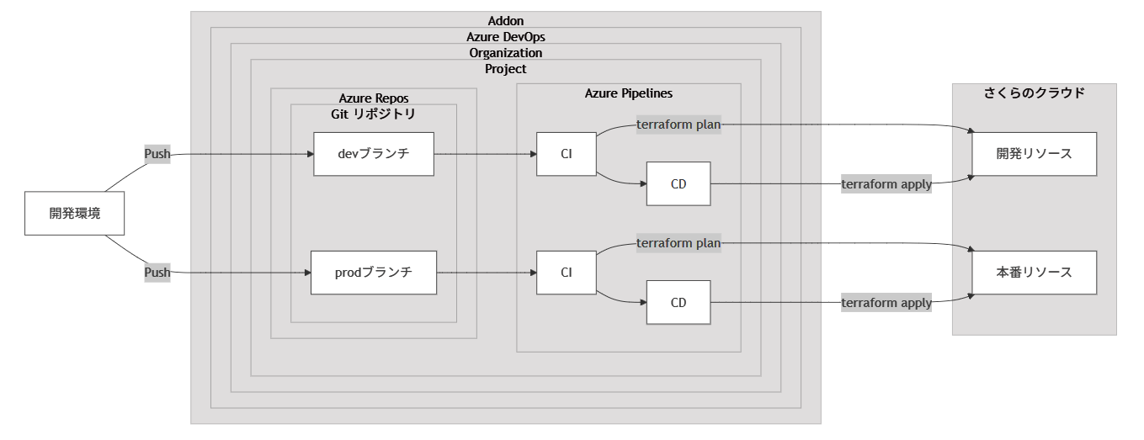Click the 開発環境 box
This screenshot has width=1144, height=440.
tap(75, 214)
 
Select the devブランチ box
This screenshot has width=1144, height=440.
tap(374, 154)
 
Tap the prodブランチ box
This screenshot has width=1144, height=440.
tap(374, 273)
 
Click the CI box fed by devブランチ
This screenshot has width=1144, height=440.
tap(567, 154)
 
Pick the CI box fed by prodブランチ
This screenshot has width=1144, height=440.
tap(567, 273)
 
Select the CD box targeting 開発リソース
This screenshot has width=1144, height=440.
tap(678, 183)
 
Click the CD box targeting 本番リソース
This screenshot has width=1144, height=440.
tap(678, 302)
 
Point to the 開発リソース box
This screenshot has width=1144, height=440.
tap(1035, 154)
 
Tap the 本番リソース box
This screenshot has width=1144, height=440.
tap(1035, 273)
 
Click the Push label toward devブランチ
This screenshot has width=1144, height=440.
tap(157, 154)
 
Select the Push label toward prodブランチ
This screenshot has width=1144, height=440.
tap(157, 273)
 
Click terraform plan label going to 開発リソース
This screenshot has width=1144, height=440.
tap(678, 125)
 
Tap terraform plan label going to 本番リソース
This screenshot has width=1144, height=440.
tap(678, 243)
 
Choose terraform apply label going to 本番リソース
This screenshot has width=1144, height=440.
tap(886, 303)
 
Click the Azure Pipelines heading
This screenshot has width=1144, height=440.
tap(628, 93)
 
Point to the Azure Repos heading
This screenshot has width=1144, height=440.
tap(373, 98)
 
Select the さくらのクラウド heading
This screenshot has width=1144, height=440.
tap(1034, 93)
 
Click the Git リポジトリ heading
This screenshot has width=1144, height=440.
tap(373, 113)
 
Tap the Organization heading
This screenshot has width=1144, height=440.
tap(506, 52)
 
